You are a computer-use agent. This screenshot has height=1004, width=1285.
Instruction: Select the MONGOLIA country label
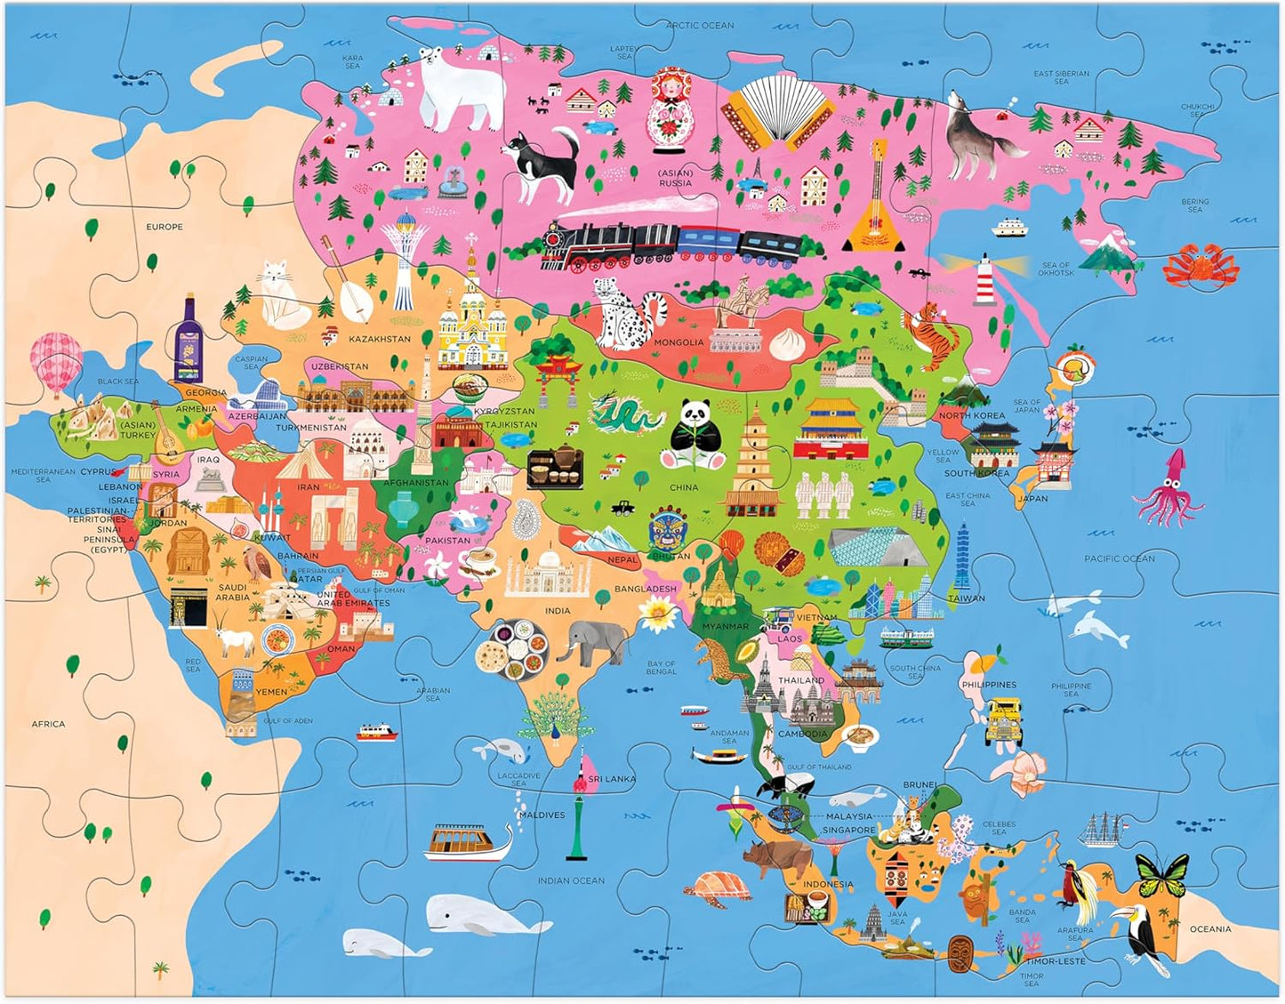679,342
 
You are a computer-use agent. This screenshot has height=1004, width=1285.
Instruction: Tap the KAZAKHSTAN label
380,339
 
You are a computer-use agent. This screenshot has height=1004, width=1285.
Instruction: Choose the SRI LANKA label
612,779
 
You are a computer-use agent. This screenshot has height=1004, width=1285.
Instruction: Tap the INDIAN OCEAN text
570,880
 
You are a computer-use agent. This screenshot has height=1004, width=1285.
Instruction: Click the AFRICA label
48,724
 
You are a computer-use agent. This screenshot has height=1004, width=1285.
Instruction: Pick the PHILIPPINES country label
988,685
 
